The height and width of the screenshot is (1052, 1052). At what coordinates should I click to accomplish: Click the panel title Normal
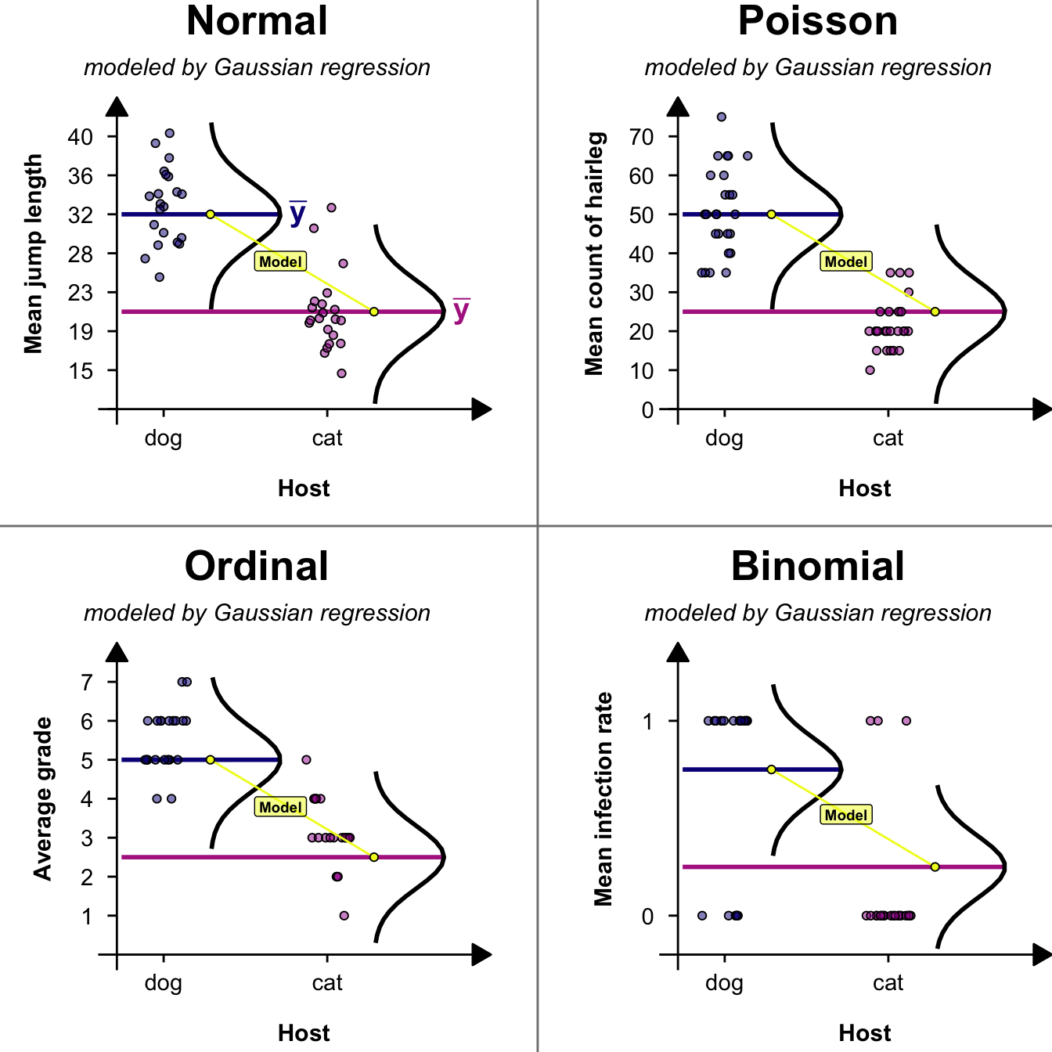257,21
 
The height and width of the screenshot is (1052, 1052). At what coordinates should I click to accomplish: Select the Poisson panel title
818,21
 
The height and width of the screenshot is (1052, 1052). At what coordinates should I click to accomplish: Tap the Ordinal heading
257,566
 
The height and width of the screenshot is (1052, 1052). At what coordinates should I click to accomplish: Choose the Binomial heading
818,566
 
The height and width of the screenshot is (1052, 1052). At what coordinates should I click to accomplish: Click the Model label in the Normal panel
280,261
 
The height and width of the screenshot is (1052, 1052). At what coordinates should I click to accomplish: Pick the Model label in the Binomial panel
845,815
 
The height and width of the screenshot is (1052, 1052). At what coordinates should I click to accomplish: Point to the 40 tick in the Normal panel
81,137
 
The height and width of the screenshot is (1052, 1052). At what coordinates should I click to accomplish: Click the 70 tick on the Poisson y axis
641,137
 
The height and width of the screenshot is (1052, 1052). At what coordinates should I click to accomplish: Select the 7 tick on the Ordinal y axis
87,683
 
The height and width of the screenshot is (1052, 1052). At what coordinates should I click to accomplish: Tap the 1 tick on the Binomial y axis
647,722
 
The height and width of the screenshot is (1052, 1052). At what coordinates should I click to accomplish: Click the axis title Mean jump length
33,254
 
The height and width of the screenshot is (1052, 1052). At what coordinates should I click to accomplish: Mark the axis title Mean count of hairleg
594,254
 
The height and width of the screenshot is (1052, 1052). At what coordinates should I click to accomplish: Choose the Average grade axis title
42,798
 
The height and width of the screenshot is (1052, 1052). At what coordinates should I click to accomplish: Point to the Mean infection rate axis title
603,798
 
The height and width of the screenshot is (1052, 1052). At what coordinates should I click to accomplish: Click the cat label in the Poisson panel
888,438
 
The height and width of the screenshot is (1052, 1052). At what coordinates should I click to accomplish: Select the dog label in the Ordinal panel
163,983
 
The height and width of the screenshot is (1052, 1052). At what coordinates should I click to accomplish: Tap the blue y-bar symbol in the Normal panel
297,213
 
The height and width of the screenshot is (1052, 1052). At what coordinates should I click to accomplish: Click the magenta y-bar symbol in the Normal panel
461,310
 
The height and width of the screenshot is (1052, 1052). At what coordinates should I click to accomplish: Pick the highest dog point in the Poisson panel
722,117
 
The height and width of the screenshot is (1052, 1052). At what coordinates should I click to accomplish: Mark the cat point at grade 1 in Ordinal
344,916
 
